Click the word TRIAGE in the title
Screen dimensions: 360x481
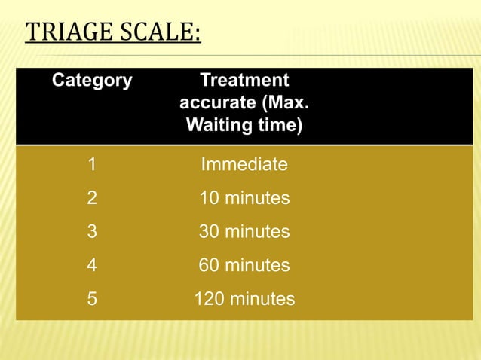pyautogui.click(x=64, y=34)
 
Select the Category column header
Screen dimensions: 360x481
pyautogui.click(x=92, y=81)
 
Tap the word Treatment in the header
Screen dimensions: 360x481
pyautogui.click(x=244, y=81)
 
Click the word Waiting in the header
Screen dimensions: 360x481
pyautogui.click(x=216, y=124)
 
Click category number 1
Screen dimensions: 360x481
pyautogui.click(x=92, y=164)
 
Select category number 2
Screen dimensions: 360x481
pyautogui.click(x=92, y=198)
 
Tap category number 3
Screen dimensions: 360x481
pyautogui.click(x=92, y=232)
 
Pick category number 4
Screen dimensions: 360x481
pyautogui.click(x=92, y=265)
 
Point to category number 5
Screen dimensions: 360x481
pyautogui.click(x=92, y=299)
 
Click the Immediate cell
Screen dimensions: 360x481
pyautogui.click(x=244, y=164)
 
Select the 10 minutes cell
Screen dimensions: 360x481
pyautogui.click(x=244, y=198)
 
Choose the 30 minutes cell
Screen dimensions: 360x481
pyautogui.click(x=244, y=232)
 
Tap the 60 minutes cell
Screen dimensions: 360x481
pyautogui.click(x=244, y=265)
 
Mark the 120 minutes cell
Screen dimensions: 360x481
pyautogui.click(x=244, y=299)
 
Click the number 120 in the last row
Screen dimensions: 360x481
pyautogui.click(x=210, y=299)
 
